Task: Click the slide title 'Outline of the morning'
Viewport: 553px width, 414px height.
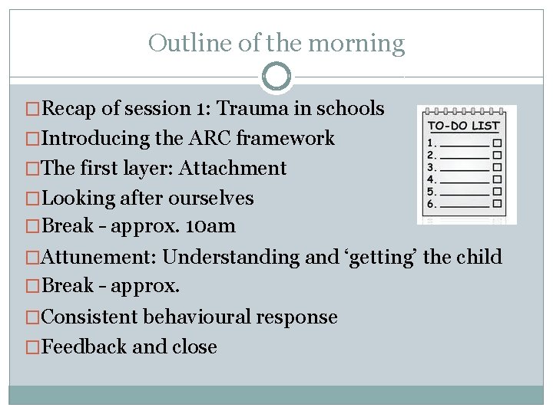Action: pyautogui.click(x=276, y=43)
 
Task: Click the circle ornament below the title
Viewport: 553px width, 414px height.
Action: pyautogui.click(x=276, y=77)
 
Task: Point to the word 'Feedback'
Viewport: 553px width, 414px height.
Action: pyautogui.click(x=84, y=347)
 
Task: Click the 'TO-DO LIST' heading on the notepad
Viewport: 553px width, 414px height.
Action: pyautogui.click(x=463, y=126)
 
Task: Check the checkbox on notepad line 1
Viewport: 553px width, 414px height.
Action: pyautogui.click(x=497, y=143)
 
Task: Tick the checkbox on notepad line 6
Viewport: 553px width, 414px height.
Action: pyautogui.click(x=497, y=205)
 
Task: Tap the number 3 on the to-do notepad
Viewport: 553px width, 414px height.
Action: pyautogui.click(x=431, y=167)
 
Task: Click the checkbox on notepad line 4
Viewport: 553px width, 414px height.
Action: pyautogui.click(x=497, y=180)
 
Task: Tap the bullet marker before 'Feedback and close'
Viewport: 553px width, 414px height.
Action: pyautogui.click(x=32, y=347)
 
